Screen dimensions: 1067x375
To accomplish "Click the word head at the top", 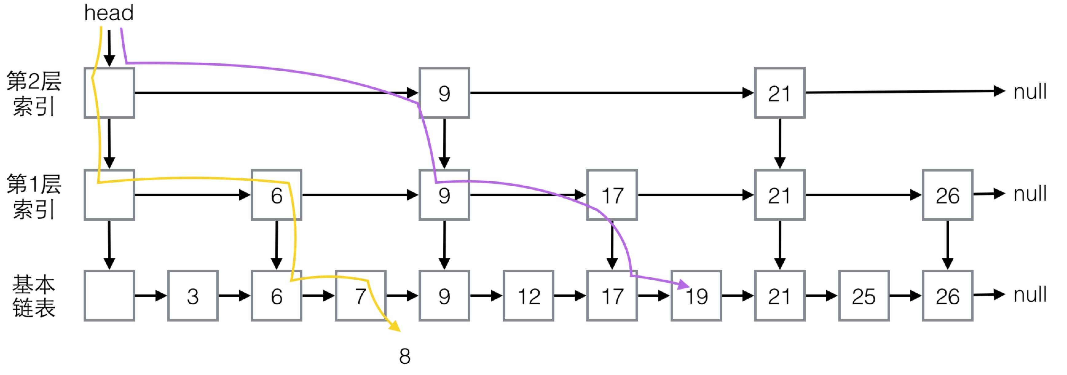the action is point(109,13).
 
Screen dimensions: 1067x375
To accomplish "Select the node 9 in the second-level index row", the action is point(444,93).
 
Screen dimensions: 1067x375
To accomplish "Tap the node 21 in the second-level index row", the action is point(780,93).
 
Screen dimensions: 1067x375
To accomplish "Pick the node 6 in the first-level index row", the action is point(276,195).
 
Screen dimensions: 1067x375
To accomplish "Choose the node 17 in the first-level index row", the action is point(612,195).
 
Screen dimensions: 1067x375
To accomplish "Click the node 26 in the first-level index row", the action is point(947,195).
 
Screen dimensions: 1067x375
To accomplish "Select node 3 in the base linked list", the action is point(193,296).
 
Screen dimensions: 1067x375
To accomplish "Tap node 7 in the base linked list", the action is point(360,296).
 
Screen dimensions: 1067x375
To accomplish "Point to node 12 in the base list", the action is point(528,296).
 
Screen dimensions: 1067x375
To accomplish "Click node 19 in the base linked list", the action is point(696,296).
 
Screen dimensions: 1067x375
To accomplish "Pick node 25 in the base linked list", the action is point(864,296).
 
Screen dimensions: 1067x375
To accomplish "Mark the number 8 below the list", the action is point(405,356).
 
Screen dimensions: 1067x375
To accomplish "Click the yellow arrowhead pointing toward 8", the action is point(395,326).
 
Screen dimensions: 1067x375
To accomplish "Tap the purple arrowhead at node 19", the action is point(683,284).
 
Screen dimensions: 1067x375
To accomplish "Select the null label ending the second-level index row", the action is point(1030,92).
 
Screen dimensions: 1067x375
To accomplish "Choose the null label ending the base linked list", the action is point(1030,294).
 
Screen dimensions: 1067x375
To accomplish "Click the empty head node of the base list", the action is point(109,296).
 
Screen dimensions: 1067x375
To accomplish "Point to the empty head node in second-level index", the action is point(109,93).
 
